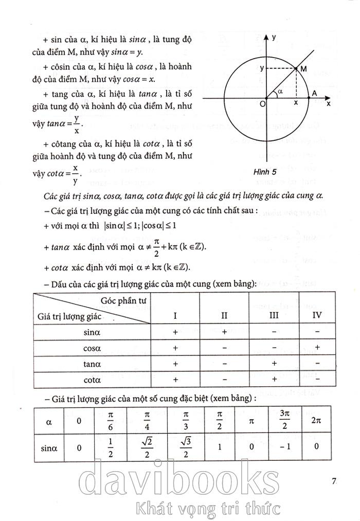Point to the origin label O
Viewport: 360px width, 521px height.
(x=262, y=104)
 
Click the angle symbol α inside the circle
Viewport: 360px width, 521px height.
(x=280, y=91)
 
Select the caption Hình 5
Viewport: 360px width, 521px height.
(x=265, y=172)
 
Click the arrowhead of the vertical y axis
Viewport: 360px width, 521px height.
(x=266, y=38)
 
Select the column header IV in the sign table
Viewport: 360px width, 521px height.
(x=317, y=314)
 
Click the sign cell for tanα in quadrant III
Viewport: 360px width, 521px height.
(x=274, y=364)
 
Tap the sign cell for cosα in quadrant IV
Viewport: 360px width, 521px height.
(x=318, y=348)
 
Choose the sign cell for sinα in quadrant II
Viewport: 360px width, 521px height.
(x=224, y=332)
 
